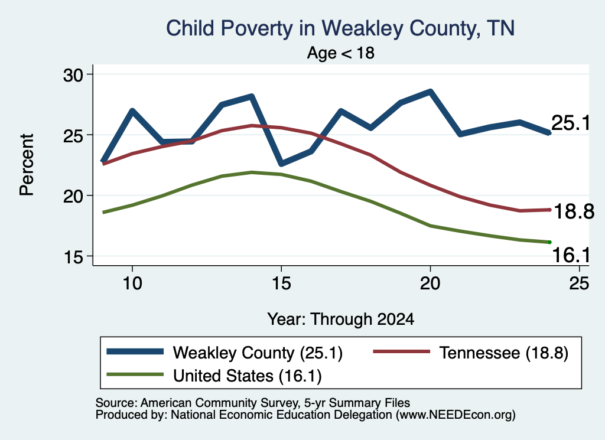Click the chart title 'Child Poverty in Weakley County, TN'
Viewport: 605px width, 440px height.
pos(340,29)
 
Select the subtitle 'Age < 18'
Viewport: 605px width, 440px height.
pos(341,53)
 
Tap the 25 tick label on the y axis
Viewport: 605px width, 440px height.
pos(73,135)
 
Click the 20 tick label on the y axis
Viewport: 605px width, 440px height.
pos(73,196)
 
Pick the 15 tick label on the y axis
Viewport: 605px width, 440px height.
pos(73,257)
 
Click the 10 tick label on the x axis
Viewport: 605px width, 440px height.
pos(132,283)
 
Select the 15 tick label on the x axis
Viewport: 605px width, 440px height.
pos(281,283)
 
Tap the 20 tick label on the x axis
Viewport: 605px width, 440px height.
pos(430,283)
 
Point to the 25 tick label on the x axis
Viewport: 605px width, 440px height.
pos(579,283)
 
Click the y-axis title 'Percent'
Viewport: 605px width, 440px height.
pos(27,165)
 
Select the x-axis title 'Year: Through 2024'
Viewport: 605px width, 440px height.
pos(341,320)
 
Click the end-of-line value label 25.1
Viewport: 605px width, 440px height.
pos(571,123)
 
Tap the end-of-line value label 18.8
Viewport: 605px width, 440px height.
pos(574,211)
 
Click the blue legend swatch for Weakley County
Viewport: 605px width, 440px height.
pos(135,351)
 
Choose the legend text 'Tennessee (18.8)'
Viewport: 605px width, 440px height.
pos(504,353)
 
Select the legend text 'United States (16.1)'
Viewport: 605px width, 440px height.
pos(248,376)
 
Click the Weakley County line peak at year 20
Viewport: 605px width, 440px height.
pos(430,92)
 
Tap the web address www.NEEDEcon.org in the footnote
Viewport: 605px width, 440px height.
pos(454,415)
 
